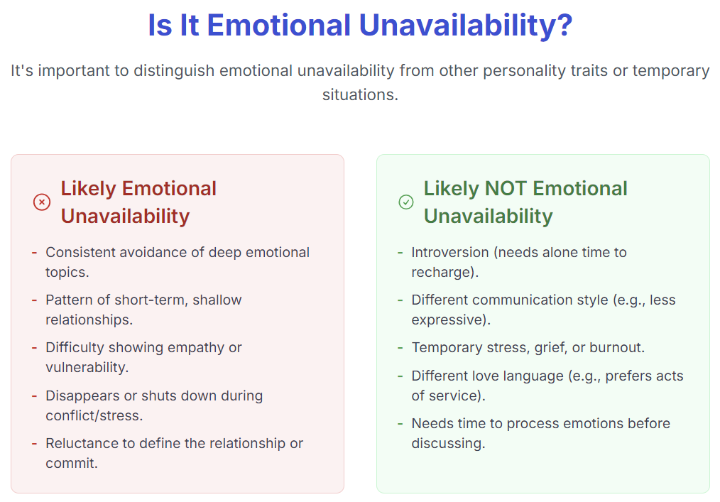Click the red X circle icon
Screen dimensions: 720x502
click(42, 202)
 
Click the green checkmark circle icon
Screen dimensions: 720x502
click(406, 202)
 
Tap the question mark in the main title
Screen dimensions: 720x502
click(564, 25)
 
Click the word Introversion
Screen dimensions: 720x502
click(450, 252)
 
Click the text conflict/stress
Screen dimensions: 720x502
click(94, 415)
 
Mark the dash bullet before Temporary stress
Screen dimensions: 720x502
click(400, 348)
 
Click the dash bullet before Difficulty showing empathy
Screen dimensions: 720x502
click(35, 348)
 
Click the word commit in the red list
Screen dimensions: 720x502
click(72, 463)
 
